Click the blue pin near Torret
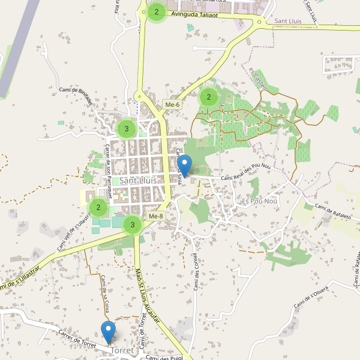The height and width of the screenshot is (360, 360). pos(109,331)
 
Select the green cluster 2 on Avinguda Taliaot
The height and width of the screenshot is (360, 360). pos(157,11)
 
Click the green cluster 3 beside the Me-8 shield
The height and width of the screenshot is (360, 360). pos(132,225)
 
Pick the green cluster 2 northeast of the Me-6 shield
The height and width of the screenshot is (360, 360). pos(208,97)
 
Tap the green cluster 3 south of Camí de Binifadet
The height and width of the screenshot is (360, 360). pos(126,128)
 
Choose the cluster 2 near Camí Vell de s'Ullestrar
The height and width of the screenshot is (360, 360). pos(98,208)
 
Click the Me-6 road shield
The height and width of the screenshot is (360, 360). pos(172,106)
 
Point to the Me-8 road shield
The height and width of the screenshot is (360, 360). pos(155,216)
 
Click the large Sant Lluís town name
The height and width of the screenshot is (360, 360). pos(138,180)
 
